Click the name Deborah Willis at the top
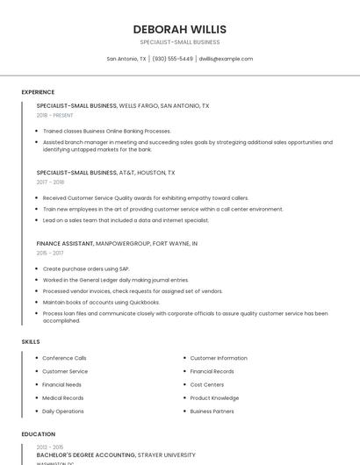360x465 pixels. tap(179, 29)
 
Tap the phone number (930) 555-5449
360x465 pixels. tap(172, 59)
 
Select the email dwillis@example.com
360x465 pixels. tap(226, 59)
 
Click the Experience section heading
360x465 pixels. tap(38, 92)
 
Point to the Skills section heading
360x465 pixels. tap(31, 341)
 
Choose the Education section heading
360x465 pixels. tap(38, 434)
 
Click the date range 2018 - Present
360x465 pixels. tap(54, 115)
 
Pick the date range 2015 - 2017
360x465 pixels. tap(50, 253)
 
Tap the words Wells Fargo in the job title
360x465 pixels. tap(139, 105)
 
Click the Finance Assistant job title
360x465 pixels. tap(64, 243)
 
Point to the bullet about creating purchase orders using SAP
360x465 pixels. tap(86, 268)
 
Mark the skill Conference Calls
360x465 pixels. tap(64, 358)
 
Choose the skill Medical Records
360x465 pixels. tap(63, 397)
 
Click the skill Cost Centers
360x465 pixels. tap(207, 384)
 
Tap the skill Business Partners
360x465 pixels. tap(212, 411)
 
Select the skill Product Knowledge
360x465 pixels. tap(214, 397)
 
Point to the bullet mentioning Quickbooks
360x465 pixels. tap(89, 302)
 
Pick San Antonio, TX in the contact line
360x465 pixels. tap(126, 59)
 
